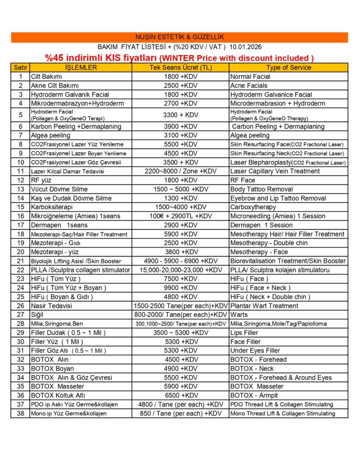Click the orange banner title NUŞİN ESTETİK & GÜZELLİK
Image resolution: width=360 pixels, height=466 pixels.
pos(180,37)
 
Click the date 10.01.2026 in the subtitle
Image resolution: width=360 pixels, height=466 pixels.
pos(246,47)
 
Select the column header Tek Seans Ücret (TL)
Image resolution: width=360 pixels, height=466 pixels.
pos(181,67)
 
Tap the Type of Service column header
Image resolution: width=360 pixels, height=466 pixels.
pos(289,67)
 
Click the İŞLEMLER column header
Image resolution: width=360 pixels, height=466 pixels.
pos(81,67)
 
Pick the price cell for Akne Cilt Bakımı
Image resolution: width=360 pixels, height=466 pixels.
pos(181,86)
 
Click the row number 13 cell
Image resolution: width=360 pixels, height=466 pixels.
pos(20,189)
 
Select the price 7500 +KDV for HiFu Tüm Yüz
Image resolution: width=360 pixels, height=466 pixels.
pos(181,279)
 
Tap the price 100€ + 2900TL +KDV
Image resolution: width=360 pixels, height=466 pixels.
pos(181,216)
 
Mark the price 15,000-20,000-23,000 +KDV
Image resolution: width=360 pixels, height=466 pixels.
pos(181,270)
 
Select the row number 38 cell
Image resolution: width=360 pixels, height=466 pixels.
pos(20,413)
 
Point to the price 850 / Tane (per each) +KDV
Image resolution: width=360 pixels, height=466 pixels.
pos(181,413)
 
